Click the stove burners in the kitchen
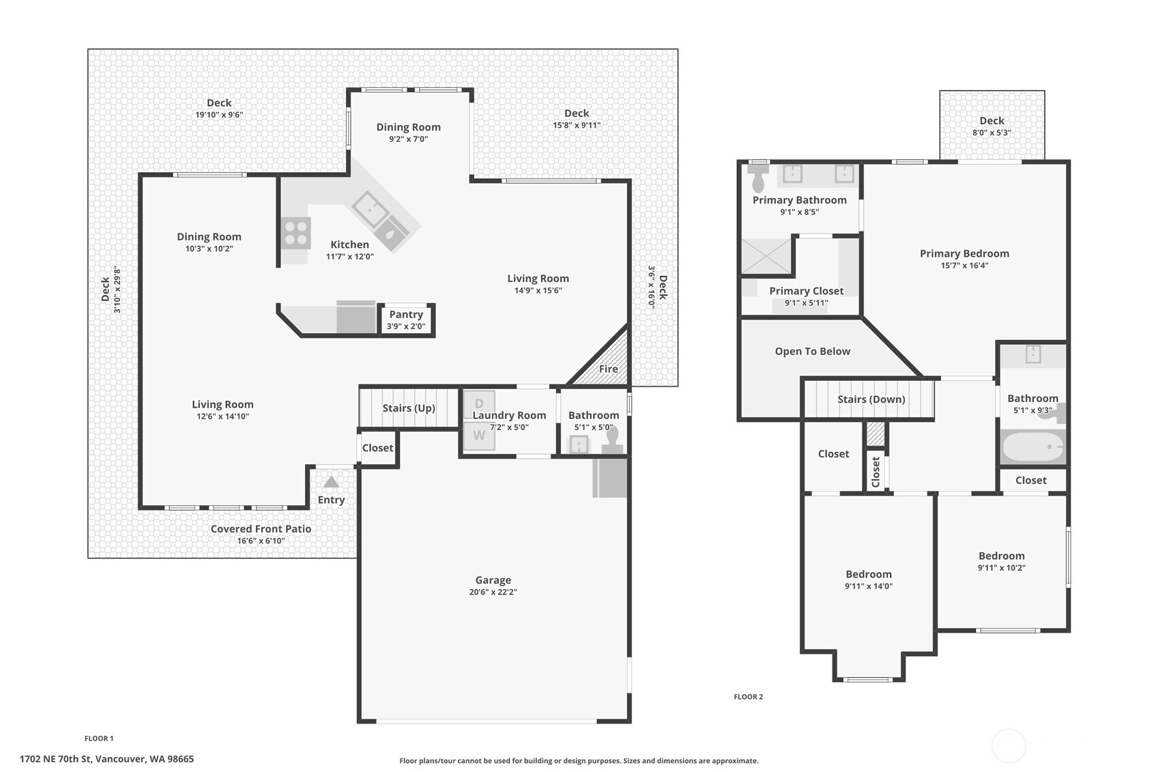(x=296, y=233)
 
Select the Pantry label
(x=406, y=315)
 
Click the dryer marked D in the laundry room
(x=479, y=404)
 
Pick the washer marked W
(x=479, y=436)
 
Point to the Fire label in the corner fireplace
(x=609, y=369)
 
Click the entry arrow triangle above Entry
(x=331, y=482)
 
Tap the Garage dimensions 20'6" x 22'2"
(x=493, y=592)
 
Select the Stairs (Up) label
(x=408, y=408)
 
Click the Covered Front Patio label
(x=261, y=529)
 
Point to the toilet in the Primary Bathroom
(x=759, y=177)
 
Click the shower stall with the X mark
(x=766, y=256)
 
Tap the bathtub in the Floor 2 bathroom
(x=1033, y=447)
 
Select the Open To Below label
(x=812, y=352)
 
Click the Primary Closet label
(x=807, y=291)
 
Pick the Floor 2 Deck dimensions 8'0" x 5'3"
(x=991, y=132)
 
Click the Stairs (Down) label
(x=871, y=399)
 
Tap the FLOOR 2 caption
(x=748, y=697)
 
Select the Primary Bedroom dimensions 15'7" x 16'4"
(x=965, y=266)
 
